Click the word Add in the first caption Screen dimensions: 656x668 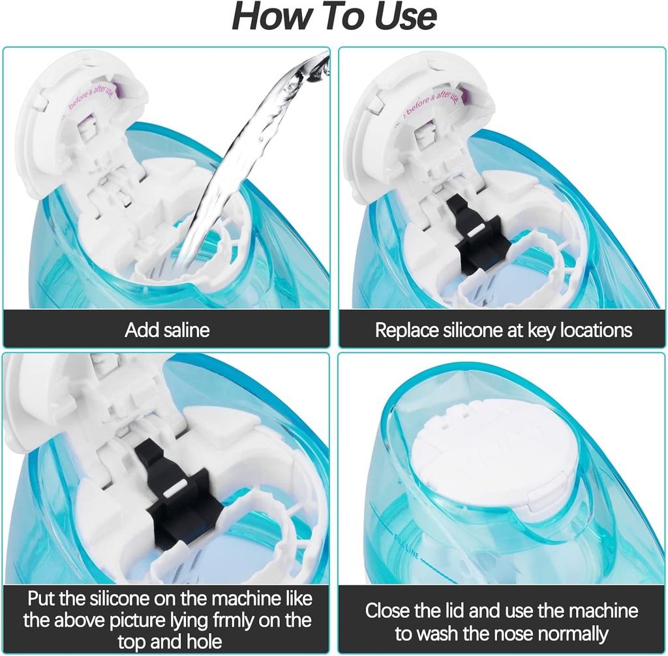coord(138,330)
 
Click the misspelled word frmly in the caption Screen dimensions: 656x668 coord(239,618)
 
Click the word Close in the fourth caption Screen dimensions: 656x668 coord(389,611)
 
